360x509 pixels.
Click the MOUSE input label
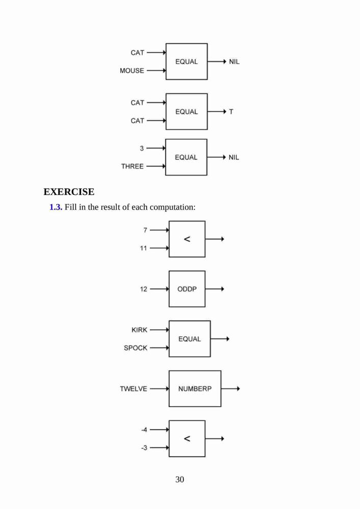(132, 70)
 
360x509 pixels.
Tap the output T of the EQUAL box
(231, 111)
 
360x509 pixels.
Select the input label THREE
(132, 166)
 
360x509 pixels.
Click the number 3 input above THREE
(142, 148)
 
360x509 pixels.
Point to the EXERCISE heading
(69, 192)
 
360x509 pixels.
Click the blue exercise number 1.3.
(56, 207)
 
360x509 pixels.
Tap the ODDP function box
(187, 289)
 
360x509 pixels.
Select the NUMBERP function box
(195, 388)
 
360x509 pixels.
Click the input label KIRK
(140, 330)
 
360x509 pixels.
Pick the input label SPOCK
(135, 348)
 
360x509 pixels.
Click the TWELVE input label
(133, 388)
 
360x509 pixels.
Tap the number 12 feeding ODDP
(144, 289)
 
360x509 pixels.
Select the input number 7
(145, 230)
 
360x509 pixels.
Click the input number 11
(144, 248)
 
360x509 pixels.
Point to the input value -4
(144, 430)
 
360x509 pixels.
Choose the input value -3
(144, 448)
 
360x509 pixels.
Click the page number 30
(180, 479)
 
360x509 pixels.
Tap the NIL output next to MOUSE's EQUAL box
(234, 62)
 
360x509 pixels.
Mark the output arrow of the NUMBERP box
(231, 388)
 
